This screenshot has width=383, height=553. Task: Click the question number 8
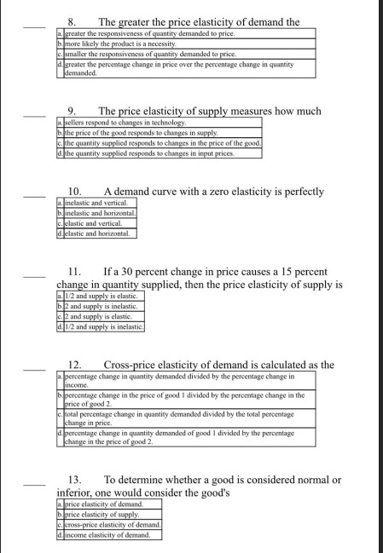(x=72, y=21)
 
